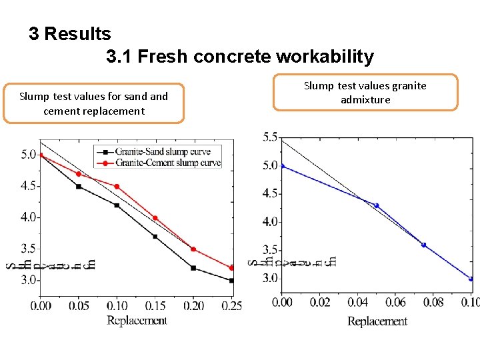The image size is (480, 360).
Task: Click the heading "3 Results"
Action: pyautogui.click(x=70, y=33)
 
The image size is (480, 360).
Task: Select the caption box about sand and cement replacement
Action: pyautogui.click(x=93, y=103)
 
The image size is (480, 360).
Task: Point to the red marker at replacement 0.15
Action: pyautogui.click(x=155, y=218)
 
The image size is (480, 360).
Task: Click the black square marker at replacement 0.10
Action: pyautogui.click(x=117, y=205)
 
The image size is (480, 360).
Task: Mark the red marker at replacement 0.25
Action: pyautogui.click(x=231, y=268)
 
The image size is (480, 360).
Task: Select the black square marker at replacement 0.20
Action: pyautogui.click(x=193, y=268)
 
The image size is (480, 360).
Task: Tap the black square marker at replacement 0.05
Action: pyautogui.click(x=79, y=187)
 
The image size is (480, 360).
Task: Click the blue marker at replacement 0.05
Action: pyautogui.click(x=376, y=205)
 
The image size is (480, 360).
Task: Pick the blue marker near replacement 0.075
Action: pyautogui.click(x=423, y=245)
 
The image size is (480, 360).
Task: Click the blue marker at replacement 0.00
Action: pyautogui.click(x=282, y=166)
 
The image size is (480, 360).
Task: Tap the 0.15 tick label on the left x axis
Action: pyautogui.click(x=155, y=306)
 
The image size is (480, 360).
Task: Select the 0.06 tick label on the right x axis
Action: pyautogui.click(x=395, y=303)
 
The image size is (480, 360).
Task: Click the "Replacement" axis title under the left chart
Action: pyautogui.click(x=137, y=320)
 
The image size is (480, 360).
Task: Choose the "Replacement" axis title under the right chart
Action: pyautogui.click(x=377, y=321)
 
